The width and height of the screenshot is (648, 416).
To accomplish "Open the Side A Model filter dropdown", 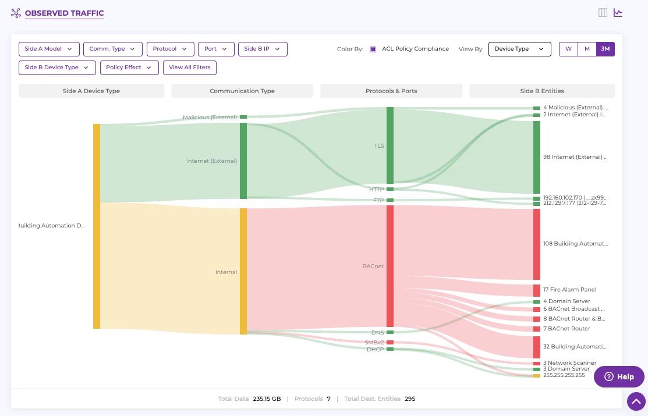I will (49, 49).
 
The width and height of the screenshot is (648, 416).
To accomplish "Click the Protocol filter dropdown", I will (170, 49).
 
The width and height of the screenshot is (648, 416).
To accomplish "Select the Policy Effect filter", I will (129, 67).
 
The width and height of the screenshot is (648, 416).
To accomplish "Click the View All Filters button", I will (190, 67).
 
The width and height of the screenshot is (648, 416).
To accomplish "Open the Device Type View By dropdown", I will (519, 49).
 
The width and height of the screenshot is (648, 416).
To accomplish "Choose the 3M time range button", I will (605, 49).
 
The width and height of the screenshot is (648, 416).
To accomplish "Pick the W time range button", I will (568, 49).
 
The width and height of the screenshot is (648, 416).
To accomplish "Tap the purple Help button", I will (619, 376).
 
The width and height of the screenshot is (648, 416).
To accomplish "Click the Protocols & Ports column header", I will (391, 91).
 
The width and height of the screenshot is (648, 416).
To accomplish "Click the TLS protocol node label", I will (378, 146).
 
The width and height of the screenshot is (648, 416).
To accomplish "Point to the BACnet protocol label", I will (373, 266).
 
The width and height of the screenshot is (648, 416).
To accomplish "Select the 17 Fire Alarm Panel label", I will (569, 290).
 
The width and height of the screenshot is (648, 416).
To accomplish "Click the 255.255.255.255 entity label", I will (564, 375).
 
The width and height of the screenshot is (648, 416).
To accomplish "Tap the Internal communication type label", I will (226, 272).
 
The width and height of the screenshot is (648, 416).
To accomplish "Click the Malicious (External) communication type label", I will (210, 118).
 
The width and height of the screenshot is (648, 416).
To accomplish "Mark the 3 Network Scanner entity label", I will (569, 363).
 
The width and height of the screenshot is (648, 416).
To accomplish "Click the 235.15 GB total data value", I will (267, 399).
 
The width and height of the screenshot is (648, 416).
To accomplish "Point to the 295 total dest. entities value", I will (410, 399).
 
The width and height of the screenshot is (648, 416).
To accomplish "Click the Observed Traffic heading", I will (64, 13).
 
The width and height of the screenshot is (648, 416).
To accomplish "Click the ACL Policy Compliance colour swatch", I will (373, 49).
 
